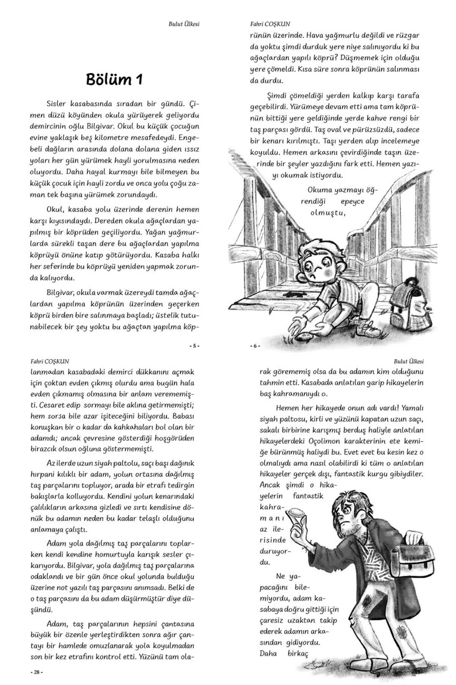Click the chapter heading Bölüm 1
[x=114, y=79]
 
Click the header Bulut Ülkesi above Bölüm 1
[x=184, y=24]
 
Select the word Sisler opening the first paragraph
[x=56, y=104]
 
